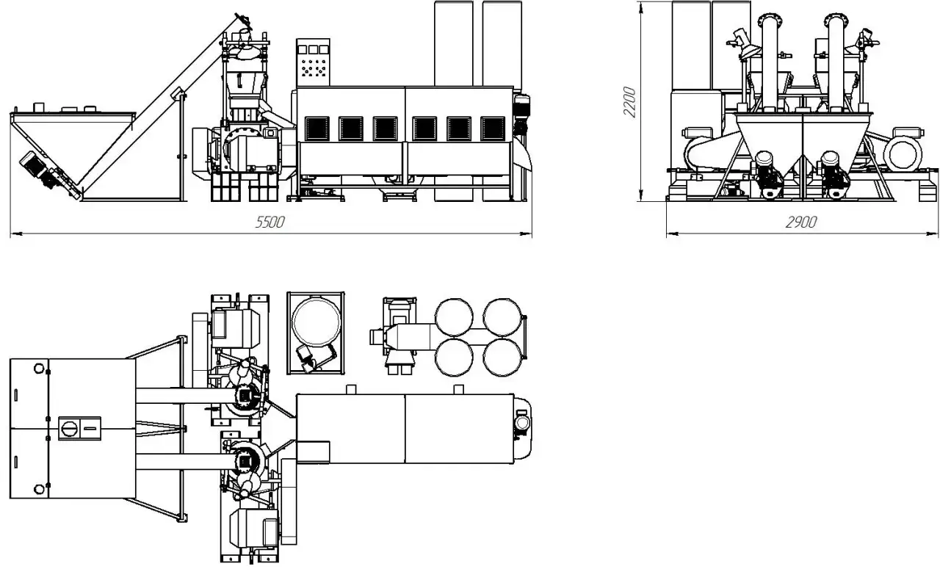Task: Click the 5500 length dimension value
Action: tap(270, 222)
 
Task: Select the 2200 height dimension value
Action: tap(630, 102)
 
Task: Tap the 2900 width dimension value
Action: tap(801, 222)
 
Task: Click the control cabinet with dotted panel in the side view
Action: tap(313, 63)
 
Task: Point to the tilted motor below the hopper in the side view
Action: tap(40, 170)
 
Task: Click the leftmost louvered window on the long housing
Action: tap(317, 128)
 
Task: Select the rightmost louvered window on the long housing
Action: tap(493, 128)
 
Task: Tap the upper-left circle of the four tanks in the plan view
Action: tap(454, 317)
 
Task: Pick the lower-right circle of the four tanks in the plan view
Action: tap(502, 357)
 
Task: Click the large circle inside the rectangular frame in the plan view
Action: tap(316, 322)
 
